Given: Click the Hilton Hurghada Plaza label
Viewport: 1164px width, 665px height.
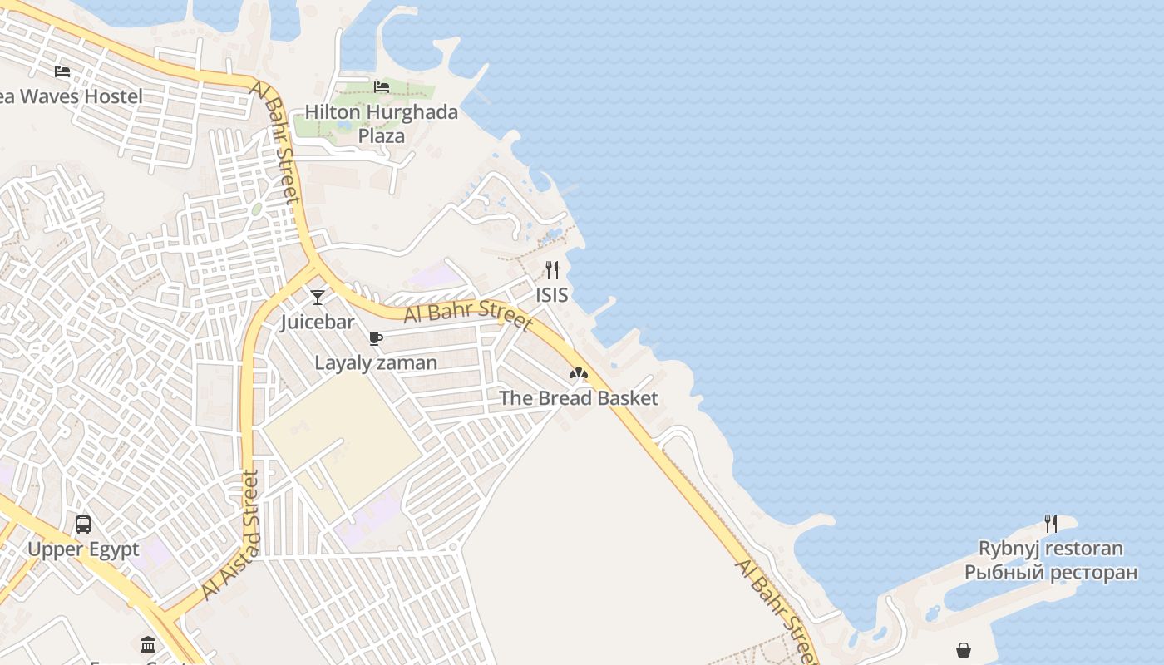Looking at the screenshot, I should pos(381,123).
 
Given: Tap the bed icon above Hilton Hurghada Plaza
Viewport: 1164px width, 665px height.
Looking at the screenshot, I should pos(382,86).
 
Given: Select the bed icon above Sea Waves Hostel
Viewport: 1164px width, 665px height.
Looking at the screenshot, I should pos(62,71).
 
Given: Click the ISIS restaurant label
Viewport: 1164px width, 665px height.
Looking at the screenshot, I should pos(552,294).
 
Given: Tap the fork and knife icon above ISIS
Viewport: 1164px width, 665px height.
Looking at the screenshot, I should pos(552,269).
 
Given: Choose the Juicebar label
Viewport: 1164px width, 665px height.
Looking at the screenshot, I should pos(318,322).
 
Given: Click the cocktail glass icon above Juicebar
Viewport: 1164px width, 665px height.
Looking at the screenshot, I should pos(318,297).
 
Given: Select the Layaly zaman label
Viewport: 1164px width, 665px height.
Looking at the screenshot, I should pos(376,362).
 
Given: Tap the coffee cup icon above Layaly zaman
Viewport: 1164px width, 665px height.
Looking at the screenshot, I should pos(376,338).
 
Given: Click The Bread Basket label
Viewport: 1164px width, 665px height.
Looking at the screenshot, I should pos(579,398).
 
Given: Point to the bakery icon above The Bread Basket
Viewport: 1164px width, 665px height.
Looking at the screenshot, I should pos(579,373).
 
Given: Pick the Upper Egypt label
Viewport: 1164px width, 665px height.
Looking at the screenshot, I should pos(83,549).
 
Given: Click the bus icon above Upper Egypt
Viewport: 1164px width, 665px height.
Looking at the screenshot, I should pos(83,525).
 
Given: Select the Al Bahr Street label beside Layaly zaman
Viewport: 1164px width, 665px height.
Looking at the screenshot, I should pos(468,316).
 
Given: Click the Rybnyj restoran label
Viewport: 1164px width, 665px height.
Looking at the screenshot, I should pos(1051,549).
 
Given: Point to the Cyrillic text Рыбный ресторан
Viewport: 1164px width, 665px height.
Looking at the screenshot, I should pos(1051,572).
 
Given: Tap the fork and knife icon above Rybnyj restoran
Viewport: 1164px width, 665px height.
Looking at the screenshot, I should pos(1051,524).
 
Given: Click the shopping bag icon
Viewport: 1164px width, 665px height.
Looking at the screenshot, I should pos(964,649).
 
